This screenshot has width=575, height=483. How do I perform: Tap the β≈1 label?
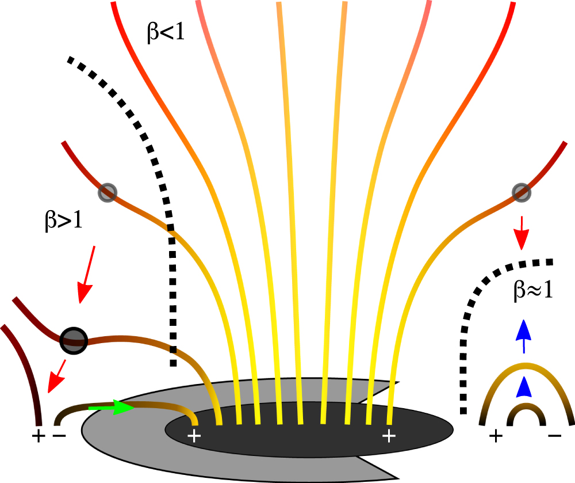pos(532,291)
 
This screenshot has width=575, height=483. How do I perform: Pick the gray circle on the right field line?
pos(521,192)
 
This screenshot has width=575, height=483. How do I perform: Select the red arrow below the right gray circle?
pos(521,233)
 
